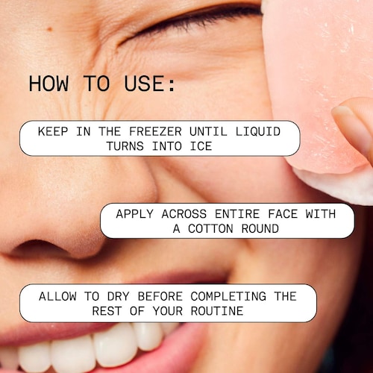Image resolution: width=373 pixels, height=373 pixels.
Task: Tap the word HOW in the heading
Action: click(x=48, y=84)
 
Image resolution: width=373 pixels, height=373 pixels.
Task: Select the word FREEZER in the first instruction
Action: click(x=155, y=131)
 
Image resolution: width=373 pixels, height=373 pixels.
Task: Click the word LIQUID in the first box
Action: click(x=258, y=131)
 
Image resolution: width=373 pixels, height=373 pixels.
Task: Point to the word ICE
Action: click(x=201, y=146)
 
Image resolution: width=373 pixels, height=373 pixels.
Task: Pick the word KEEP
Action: click(x=53, y=131)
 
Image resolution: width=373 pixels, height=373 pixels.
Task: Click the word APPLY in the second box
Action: click(x=134, y=214)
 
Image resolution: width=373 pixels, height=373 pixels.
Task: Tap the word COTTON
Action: click(x=210, y=228)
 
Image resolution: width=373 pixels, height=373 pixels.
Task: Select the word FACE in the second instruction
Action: click(x=283, y=214)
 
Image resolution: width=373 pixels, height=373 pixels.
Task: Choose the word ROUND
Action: click(x=260, y=228)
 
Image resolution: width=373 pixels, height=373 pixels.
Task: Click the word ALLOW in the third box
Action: click(x=57, y=296)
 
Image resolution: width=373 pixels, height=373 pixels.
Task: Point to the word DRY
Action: click(x=119, y=296)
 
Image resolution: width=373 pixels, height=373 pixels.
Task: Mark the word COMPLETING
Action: click(x=228, y=296)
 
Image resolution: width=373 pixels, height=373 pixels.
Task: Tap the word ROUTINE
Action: click(x=217, y=311)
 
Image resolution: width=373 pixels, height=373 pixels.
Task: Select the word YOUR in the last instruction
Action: click(x=168, y=311)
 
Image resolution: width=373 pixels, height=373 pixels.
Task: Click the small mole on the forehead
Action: click(x=50, y=29)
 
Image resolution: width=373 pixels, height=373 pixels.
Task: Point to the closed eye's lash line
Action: click(x=192, y=21)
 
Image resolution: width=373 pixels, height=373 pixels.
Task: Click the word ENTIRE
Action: click(x=237, y=214)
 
